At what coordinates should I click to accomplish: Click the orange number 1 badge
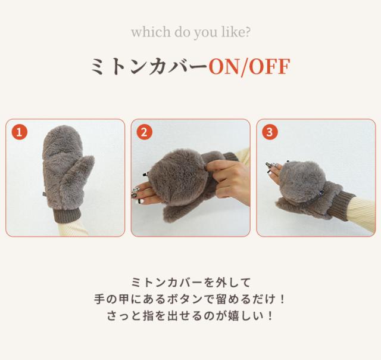pos(20,132)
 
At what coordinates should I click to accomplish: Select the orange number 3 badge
pos(270,132)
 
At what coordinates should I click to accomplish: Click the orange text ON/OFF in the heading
pos(249,66)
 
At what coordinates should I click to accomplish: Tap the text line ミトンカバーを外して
pos(190,281)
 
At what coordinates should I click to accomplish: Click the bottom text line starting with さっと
pos(190,315)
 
